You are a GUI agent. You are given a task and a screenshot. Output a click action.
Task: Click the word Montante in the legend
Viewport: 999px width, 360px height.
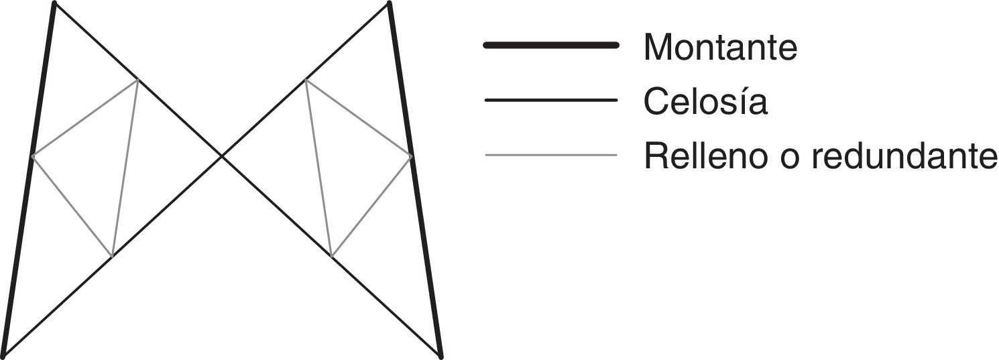click(720, 47)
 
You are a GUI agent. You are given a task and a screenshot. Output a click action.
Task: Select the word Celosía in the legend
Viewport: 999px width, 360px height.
click(705, 102)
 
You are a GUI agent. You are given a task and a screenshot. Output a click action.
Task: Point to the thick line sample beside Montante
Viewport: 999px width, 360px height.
click(550, 45)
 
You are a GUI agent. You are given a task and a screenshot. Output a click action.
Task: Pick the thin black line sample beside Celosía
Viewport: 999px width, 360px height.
click(550, 101)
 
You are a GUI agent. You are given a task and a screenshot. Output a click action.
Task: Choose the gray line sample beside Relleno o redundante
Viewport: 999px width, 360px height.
click(550, 156)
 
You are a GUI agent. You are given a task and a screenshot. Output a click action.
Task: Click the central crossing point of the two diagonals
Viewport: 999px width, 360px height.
click(222, 156)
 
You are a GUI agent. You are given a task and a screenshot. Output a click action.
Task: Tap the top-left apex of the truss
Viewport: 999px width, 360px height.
click(54, 3)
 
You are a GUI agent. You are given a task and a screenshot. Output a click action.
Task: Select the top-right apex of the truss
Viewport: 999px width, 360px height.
click(389, 3)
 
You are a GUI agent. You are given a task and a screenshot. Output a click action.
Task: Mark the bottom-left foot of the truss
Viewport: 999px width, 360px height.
click(4, 355)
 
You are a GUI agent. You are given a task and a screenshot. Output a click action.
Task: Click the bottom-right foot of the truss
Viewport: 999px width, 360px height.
click(440, 355)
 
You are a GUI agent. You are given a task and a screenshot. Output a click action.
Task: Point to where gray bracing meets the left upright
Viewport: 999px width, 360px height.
click(32, 156)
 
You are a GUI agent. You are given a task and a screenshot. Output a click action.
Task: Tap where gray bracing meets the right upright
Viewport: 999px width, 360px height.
click(412, 156)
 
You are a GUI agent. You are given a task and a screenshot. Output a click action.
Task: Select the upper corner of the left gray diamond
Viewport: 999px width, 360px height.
click(138, 80)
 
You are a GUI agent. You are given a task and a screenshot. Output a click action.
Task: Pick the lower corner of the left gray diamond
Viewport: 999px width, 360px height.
click(112, 256)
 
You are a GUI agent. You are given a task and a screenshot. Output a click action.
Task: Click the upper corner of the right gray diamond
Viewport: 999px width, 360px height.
click(306, 80)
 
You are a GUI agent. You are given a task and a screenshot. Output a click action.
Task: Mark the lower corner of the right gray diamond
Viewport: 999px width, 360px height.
click(331, 256)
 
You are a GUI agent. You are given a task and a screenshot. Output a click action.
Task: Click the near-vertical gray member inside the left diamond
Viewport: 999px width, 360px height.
click(125, 168)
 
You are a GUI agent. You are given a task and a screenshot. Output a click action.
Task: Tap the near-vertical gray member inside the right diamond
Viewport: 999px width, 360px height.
click(318, 168)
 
